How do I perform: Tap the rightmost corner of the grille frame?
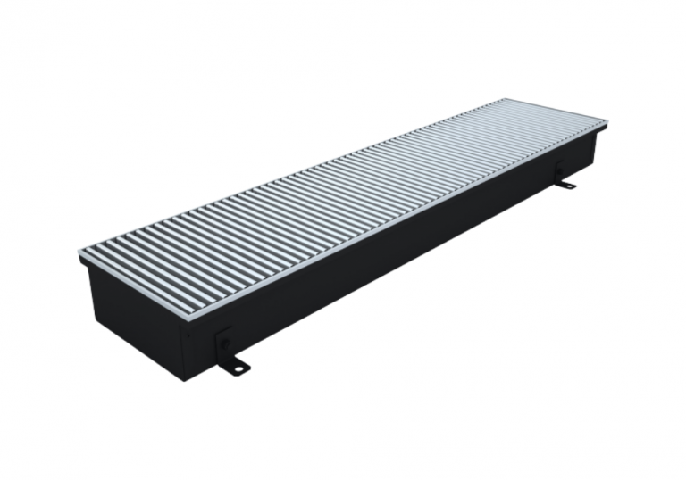pyautogui.click(x=607, y=126)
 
